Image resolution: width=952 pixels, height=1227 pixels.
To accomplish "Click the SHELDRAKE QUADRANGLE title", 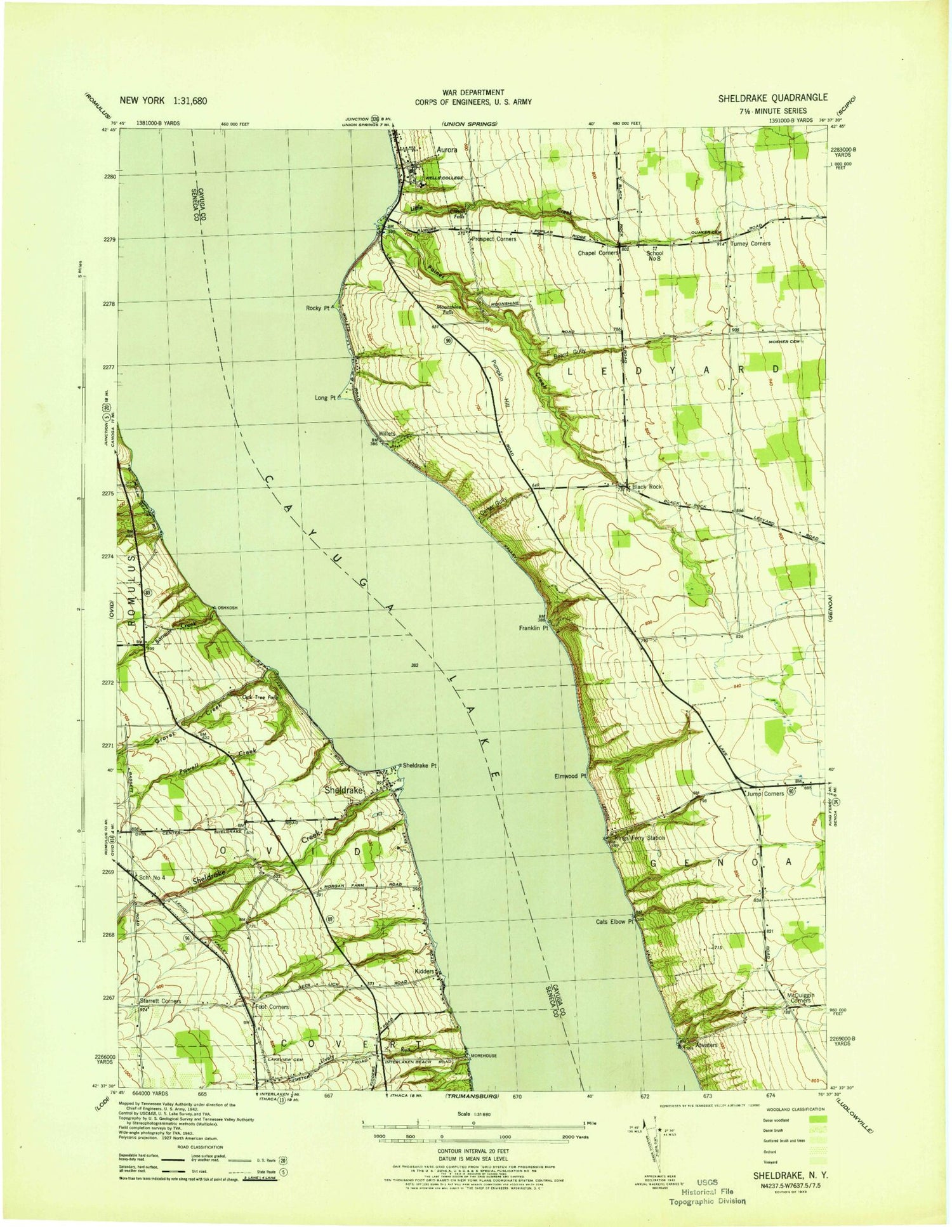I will [772, 98].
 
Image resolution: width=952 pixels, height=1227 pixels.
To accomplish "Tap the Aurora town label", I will [447, 150].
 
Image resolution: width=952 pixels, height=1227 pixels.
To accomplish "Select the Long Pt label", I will [324, 398].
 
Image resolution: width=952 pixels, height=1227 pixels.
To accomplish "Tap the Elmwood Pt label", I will [569, 775].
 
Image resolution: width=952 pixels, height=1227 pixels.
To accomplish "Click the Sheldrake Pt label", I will [420, 766].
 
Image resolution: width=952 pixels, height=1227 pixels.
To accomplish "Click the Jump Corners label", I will [765, 794].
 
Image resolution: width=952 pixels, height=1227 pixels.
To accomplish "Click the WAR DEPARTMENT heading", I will [473, 93].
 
